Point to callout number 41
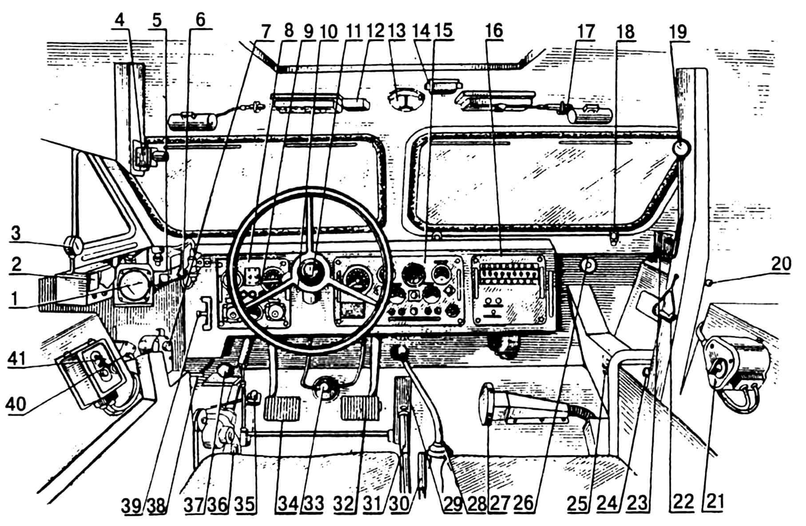pyautogui.click(x=18, y=358)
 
